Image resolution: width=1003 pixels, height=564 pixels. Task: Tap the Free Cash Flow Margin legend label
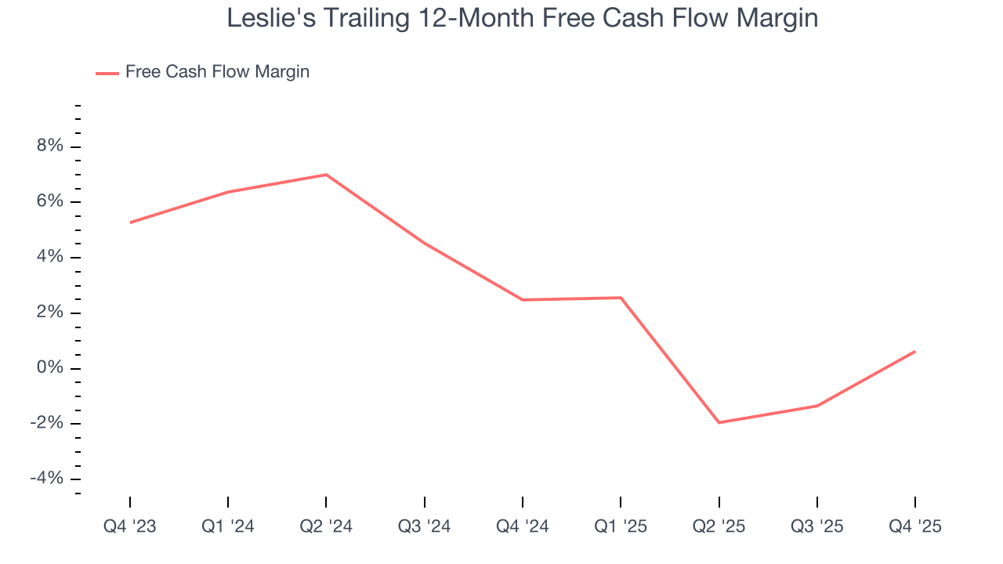[x=217, y=72]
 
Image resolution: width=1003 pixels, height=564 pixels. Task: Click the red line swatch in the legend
[x=107, y=73]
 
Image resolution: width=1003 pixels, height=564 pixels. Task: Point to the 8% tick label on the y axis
[x=48, y=146]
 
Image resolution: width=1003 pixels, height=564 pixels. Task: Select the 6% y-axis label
[x=48, y=202]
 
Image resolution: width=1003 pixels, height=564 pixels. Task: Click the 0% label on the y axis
[x=48, y=368]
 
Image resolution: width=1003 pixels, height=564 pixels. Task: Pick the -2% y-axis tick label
[x=45, y=424]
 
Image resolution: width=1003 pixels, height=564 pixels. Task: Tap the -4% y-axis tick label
[x=45, y=479]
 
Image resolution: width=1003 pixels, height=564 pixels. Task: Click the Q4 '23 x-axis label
[x=130, y=526]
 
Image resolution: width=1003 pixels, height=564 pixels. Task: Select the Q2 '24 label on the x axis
[x=326, y=526]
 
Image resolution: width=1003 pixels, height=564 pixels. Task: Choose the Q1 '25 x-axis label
[x=621, y=526]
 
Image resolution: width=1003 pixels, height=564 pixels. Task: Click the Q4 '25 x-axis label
[x=915, y=526]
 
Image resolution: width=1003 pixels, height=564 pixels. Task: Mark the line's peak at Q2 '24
[x=326, y=175]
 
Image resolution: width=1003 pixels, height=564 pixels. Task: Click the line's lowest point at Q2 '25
[x=719, y=423]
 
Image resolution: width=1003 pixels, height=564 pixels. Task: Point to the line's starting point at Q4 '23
[x=130, y=222]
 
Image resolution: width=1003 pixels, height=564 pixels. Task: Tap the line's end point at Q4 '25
[x=915, y=351]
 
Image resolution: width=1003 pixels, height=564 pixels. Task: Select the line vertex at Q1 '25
[x=621, y=298]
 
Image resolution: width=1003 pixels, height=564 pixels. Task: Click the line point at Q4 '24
[x=523, y=300]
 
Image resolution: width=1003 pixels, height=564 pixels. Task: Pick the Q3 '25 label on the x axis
[x=817, y=526]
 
